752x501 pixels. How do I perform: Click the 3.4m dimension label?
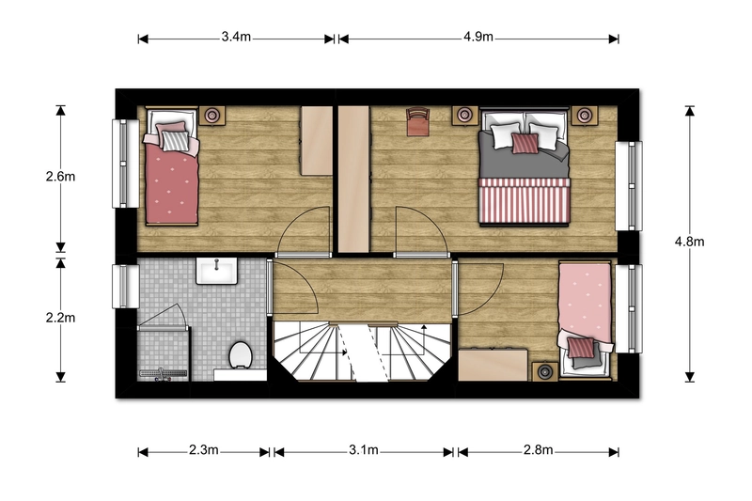point(236,37)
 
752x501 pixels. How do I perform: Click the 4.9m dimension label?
point(478,37)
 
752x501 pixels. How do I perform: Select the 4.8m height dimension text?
point(689,242)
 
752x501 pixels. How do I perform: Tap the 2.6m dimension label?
point(60,177)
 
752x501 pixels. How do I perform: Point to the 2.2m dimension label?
point(60,318)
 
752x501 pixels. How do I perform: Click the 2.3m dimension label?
point(203,449)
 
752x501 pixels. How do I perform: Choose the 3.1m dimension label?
point(364,449)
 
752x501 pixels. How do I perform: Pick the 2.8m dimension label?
point(538,449)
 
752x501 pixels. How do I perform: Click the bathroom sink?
point(217,271)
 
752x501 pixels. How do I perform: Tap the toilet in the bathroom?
point(241,355)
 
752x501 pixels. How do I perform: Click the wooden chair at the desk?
point(417,121)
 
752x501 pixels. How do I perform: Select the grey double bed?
point(525,166)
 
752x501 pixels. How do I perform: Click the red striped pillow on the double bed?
point(525,144)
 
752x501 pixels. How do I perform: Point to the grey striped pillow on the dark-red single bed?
point(176,141)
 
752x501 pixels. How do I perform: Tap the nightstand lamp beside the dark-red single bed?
point(212,115)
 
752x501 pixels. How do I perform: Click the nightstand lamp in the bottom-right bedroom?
point(545,371)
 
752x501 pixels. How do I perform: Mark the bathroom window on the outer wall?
point(125,286)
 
